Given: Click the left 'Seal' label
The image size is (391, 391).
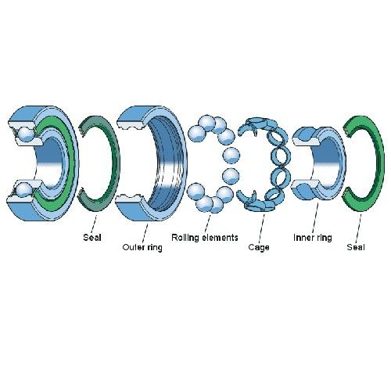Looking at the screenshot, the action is tap(92, 238).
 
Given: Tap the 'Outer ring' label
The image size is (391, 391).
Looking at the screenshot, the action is tap(142, 247).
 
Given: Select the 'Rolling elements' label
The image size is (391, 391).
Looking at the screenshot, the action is tap(205, 238).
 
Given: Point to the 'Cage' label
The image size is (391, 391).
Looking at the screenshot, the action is tap(259, 247).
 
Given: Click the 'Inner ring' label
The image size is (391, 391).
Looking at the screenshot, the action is tap(313, 238).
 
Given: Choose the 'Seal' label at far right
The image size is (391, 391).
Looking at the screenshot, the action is tap(356, 247).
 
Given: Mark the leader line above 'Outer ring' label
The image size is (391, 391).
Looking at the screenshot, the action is tap(145, 233).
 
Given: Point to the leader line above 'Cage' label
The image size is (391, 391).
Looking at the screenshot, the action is tap(262, 228).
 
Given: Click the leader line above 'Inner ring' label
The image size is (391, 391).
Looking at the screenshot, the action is tap(315, 218).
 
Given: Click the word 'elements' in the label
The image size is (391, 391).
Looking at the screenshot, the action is tap(221, 238).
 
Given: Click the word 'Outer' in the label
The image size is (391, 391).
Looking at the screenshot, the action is tap(133, 247).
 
